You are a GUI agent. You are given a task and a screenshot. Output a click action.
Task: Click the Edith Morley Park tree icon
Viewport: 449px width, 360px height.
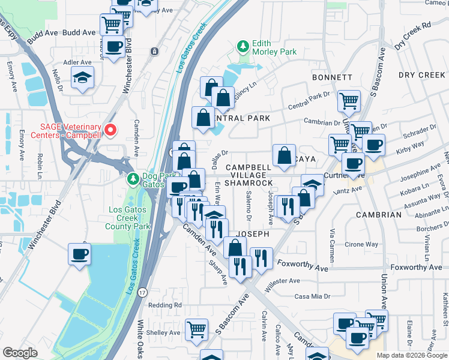tap(243, 46)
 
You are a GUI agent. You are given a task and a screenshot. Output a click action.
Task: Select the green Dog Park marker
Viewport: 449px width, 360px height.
tap(133, 178)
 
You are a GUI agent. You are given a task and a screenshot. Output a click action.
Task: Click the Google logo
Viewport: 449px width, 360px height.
tap(20, 353)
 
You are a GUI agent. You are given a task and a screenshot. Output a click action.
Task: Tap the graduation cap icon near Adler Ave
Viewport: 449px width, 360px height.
tap(82, 77)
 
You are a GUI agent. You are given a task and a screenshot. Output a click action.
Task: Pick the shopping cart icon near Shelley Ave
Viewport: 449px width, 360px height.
tap(196, 329)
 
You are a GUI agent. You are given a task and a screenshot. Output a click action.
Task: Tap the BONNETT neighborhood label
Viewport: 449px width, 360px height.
tap(332, 77)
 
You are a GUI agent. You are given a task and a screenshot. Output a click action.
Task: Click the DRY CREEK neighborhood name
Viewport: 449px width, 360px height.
tap(423, 75)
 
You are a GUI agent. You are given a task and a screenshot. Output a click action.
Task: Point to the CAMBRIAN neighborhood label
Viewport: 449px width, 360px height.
tap(378, 215)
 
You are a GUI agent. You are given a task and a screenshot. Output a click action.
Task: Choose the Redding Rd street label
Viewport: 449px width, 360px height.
tap(165, 305)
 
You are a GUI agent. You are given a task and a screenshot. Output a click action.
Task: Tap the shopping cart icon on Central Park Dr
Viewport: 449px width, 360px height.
tap(349, 101)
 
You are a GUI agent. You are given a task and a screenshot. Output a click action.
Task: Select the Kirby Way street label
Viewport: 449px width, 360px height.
tap(409, 145)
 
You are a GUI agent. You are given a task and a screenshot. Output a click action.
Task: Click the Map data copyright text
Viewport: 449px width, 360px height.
tap(411, 355)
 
